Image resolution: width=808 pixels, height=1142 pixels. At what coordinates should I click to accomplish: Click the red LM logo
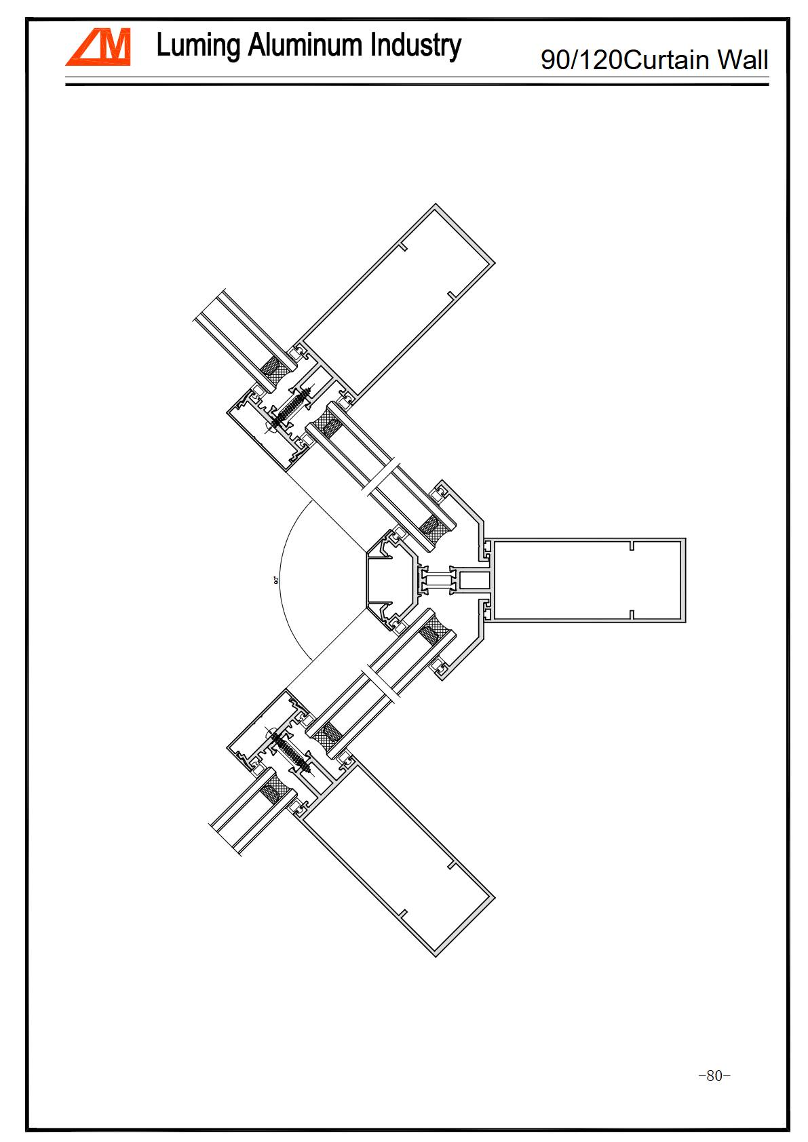pos(98,47)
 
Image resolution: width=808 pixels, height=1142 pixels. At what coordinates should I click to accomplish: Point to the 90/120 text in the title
pos(581,60)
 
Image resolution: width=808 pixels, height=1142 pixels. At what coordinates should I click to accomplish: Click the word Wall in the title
pos(743,60)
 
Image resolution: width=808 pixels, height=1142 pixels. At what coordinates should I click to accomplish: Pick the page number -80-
pos(714,1076)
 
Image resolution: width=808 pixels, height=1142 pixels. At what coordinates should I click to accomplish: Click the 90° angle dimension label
pos(276,580)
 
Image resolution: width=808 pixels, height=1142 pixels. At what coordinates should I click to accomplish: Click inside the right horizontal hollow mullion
pos(587,580)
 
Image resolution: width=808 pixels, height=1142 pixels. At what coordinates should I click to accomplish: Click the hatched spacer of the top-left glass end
pos(274,371)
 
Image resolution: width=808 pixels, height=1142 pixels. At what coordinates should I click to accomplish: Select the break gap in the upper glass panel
pos(380,477)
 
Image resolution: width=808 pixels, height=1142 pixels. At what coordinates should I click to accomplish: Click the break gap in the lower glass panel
pos(380,684)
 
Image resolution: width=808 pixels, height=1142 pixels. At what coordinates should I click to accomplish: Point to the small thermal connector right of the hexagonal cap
pos(437,580)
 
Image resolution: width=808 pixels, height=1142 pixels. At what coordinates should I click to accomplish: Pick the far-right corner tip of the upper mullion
pos(495,263)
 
